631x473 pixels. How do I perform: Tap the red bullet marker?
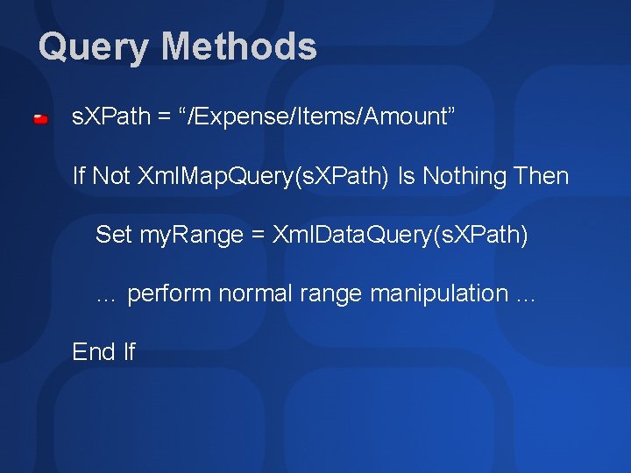(41, 118)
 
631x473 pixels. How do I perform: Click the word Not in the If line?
(111, 177)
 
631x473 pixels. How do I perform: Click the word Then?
(542, 177)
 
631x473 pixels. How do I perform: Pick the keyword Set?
(113, 235)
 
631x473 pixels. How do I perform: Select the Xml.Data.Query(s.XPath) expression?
(401, 235)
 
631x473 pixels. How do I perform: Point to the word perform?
(169, 293)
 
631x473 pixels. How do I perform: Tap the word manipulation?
(438, 293)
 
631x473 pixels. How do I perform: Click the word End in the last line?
(94, 352)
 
